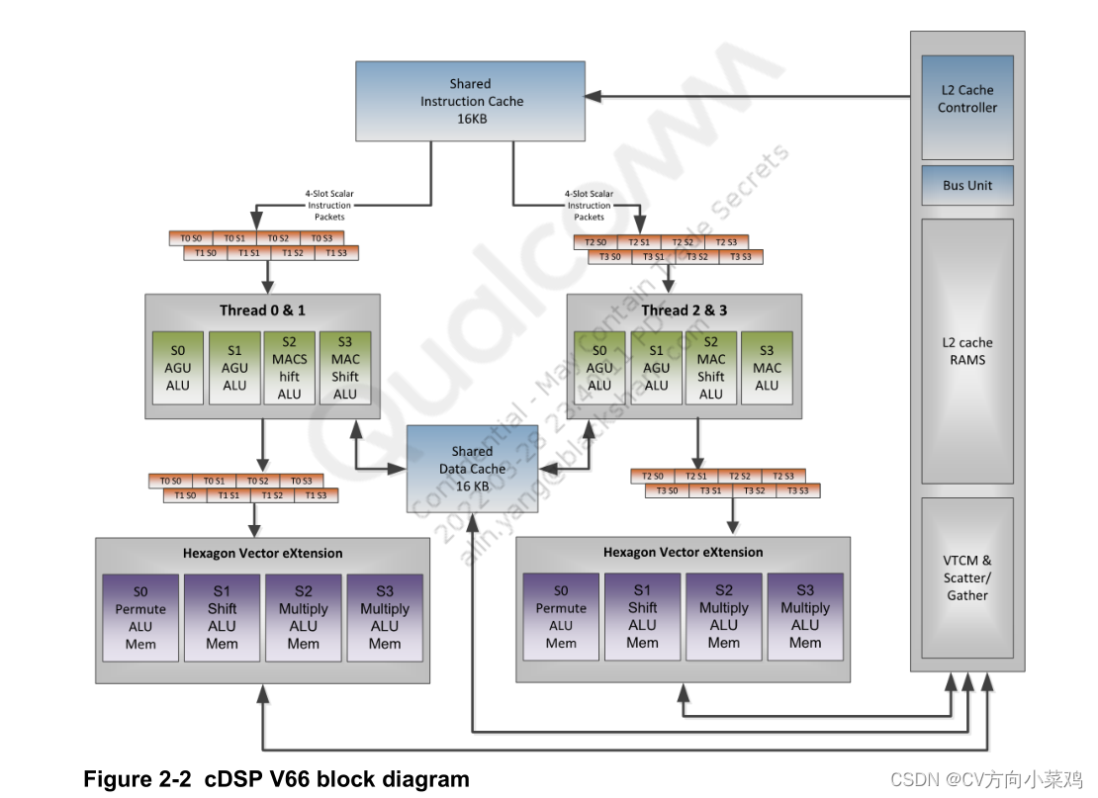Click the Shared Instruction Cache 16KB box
471,101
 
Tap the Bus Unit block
967,185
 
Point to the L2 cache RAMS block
967,351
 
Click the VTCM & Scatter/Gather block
967,577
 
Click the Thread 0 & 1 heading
262,310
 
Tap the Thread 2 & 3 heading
684,310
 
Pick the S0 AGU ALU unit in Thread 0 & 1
178,368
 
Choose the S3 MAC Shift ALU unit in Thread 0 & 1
345,368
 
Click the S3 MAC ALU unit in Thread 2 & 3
766,368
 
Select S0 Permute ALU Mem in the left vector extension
140,618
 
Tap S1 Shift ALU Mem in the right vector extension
642,617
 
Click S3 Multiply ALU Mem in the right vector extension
804,617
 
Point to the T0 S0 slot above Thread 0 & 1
191,238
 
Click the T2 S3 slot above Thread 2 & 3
726,242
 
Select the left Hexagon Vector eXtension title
262,553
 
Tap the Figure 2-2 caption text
276,778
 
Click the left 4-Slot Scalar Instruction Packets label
330,205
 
